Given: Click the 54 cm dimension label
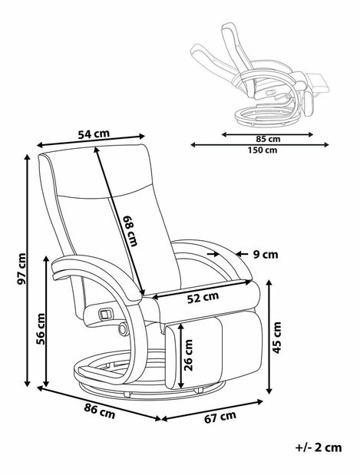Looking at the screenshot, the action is coord(94,134).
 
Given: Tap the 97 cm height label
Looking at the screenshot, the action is coord(21,269).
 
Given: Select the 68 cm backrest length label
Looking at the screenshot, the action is coord(130,230).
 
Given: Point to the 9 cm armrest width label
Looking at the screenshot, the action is coord(266,255).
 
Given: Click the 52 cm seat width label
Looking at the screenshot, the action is coord(203,298).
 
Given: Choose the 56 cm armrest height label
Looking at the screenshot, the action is coord(41,328).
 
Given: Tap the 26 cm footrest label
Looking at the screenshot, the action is coord(188,355).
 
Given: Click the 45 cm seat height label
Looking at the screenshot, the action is coord(276,338).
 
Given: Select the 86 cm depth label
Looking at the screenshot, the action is coord(99,411).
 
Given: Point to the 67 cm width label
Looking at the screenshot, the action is coord(220,417).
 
